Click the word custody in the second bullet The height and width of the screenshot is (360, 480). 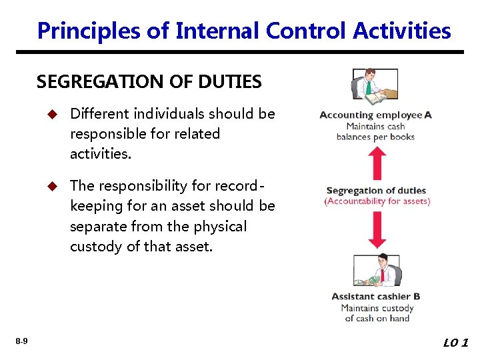[95, 247]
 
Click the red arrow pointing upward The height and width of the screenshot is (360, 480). [377, 163]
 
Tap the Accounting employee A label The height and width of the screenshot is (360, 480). [375, 115]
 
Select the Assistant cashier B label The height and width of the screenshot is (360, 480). [375, 297]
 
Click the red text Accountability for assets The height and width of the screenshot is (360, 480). [377, 201]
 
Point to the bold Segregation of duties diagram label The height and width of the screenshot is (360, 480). [377, 191]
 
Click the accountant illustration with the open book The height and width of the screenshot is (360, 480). [374, 87]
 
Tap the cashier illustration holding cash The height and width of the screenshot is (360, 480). [377, 271]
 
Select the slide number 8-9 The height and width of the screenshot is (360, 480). [21, 341]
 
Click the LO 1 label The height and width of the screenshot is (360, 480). [455, 343]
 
